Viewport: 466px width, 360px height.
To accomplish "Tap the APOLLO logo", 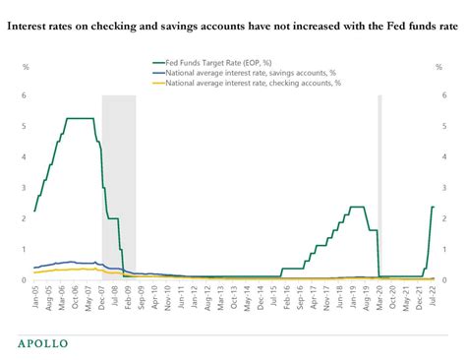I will tap(48, 343).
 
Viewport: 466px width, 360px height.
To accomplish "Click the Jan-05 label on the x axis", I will tap(35, 297).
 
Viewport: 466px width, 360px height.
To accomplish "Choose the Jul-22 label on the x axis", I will tap(434, 297).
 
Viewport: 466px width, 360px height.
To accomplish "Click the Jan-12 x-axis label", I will tap(195, 297).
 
